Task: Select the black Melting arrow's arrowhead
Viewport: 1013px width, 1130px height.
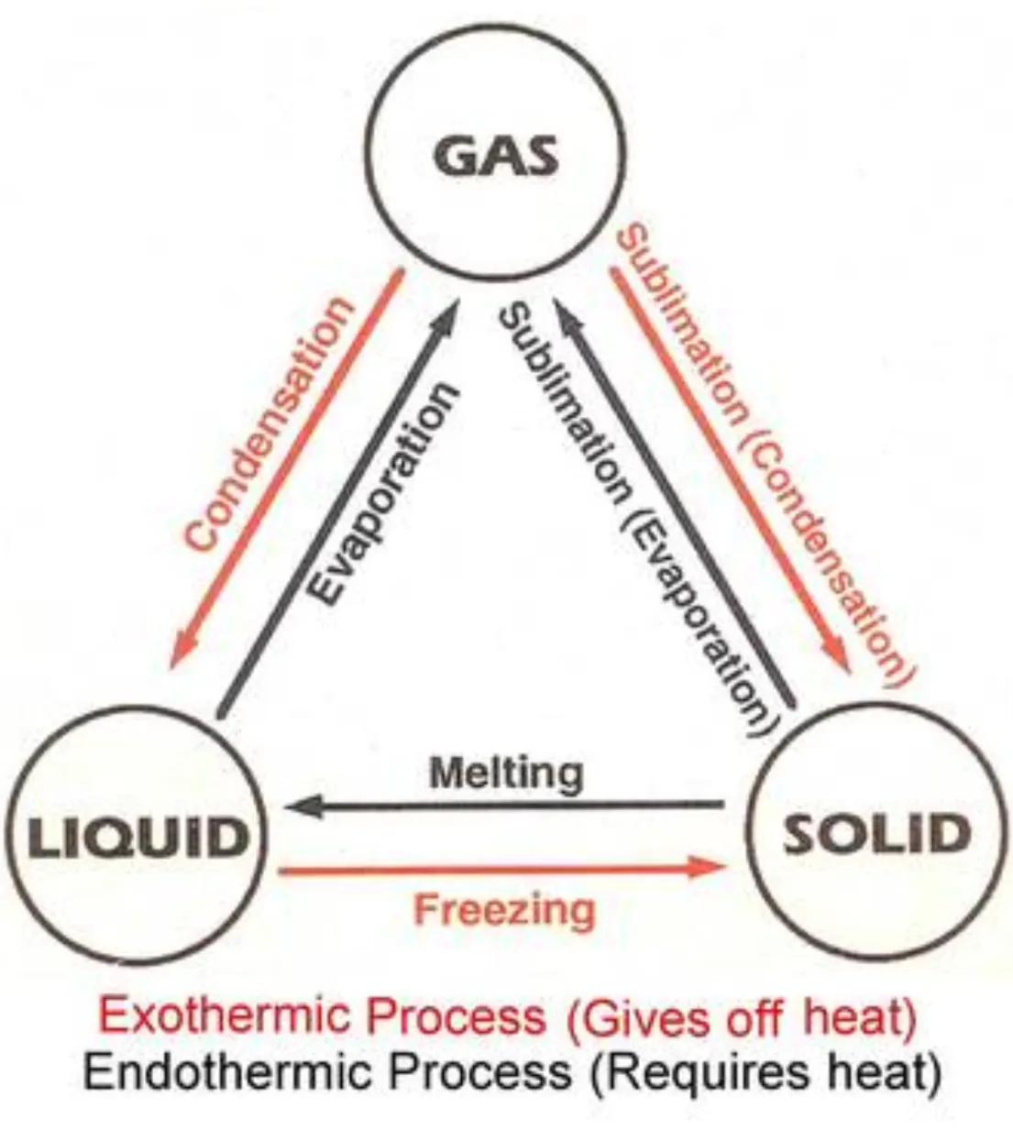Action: (x=299, y=806)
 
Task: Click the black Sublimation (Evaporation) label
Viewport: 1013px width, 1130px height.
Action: (x=633, y=518)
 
